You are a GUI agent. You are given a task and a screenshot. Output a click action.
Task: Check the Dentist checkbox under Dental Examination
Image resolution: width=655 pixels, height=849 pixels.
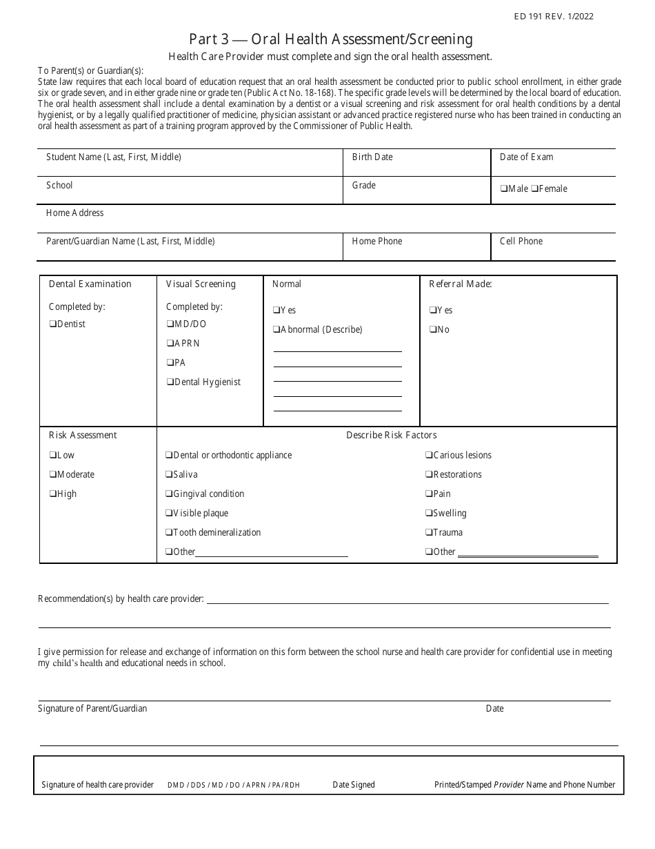click(53, 324)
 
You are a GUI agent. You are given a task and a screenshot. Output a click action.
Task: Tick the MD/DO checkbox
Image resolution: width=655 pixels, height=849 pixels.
click(170, 324)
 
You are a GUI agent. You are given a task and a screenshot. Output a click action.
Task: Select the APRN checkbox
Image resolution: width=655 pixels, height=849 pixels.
click(170, 344)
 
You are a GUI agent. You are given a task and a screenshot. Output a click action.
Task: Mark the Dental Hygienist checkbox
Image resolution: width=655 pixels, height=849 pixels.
click(170, 382)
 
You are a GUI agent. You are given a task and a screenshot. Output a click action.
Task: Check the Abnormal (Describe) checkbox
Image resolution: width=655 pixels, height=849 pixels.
click(276, 330)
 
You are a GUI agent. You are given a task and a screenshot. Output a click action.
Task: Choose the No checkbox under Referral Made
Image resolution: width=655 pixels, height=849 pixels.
click(433, 330)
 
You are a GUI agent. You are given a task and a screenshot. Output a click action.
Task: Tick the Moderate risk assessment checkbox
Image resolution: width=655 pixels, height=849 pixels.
click(53, 475)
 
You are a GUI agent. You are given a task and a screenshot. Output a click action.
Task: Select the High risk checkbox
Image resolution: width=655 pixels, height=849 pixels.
click(53, 494)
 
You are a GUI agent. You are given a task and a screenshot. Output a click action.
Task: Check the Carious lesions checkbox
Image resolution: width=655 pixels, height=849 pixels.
click(429, 456)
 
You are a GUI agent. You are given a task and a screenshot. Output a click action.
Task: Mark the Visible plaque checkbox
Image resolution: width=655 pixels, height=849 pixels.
click(169, 514)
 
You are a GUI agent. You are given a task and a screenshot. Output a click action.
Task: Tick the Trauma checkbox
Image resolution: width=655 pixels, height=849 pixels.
click(429, 533)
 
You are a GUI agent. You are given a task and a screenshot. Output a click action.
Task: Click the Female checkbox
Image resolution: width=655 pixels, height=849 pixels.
click(534, 189)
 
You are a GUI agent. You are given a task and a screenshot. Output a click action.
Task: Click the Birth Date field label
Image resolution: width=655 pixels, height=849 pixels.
click(372, 157)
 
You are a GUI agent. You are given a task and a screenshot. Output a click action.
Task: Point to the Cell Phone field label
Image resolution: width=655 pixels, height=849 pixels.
click(521, 242)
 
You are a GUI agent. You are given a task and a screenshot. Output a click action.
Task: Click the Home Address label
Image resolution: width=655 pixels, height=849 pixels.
click(74, 213)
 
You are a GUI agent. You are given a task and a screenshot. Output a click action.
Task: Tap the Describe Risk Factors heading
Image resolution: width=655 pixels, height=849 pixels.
click(391, 436)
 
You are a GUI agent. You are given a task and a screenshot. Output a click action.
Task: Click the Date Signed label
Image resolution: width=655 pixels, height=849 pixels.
click(354, 785)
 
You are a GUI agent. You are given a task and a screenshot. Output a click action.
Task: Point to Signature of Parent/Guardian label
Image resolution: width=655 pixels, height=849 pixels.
click(92, 709)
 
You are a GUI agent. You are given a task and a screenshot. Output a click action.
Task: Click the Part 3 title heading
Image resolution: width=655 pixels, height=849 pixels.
click(331, 39)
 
